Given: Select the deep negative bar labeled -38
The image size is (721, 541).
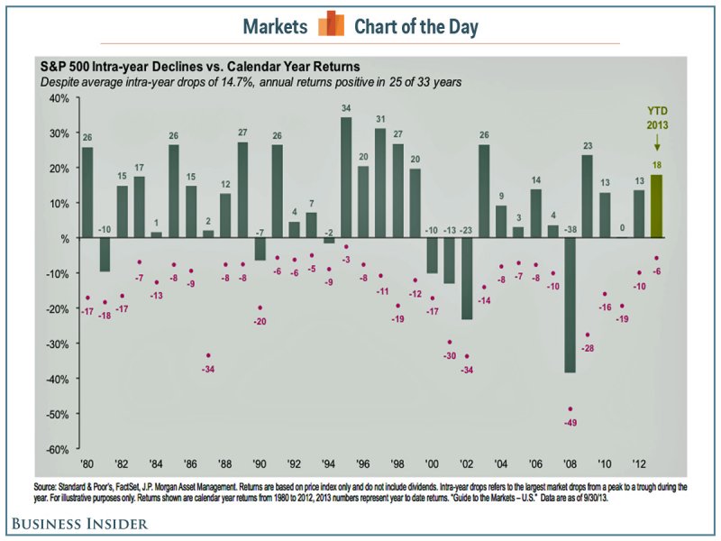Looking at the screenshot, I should point(570,305).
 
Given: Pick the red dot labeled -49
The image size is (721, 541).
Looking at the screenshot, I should point(570,408).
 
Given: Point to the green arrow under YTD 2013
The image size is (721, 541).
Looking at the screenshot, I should point(657,142).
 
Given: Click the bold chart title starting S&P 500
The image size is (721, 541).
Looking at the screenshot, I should point(199,66).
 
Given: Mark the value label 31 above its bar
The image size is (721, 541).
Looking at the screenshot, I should point(380,119).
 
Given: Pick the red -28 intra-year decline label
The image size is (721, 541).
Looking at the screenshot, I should point(587,348).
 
